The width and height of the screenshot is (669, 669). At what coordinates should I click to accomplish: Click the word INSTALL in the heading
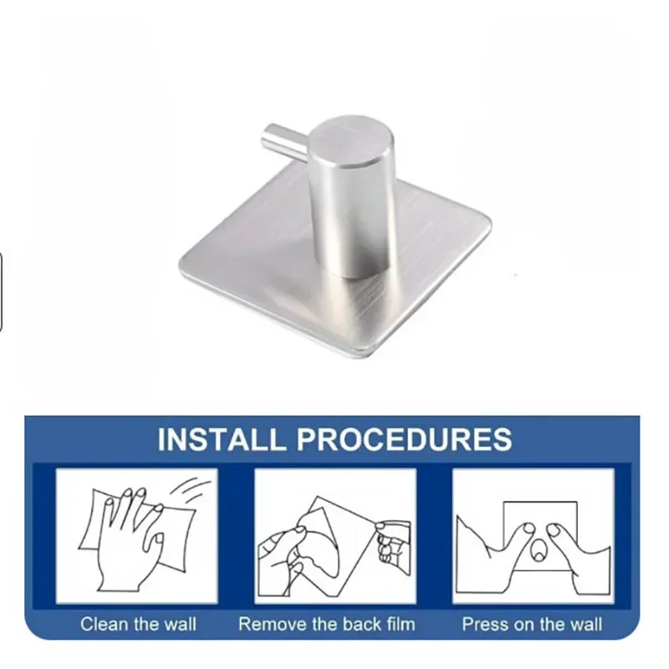point(214,438)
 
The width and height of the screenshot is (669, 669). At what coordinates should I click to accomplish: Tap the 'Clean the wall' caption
point(138,624)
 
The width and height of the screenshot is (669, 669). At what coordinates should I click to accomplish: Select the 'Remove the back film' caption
point(326,624)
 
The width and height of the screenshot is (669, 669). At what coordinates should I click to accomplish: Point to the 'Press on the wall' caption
point(532,624)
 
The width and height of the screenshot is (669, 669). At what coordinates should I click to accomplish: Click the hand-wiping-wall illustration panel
point(137,535)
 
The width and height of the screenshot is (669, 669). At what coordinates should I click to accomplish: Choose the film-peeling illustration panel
point(334,535)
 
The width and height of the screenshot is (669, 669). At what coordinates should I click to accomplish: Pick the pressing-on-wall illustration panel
point(533,535)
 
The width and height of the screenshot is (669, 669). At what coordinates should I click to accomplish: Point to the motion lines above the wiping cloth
point(195,490)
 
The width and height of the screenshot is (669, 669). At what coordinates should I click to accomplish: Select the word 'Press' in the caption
point(481,624)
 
